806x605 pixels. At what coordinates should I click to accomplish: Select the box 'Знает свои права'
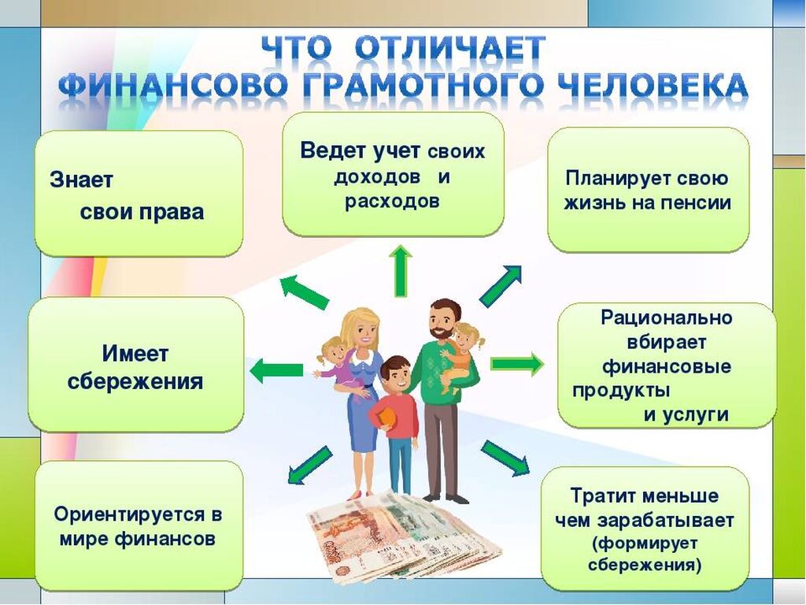[139, 193]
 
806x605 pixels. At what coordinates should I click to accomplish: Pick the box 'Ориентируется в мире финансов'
[139, 525]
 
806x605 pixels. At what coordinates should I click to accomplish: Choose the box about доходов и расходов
[394, 174]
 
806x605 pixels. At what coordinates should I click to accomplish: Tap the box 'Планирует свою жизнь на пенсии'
[648, 190]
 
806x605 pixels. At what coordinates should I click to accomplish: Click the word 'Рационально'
[666, 317]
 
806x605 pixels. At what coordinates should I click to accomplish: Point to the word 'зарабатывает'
[666, 521]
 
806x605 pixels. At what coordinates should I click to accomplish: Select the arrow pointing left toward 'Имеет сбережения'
[276, 370]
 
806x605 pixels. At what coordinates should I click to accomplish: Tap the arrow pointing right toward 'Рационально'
[517, 364]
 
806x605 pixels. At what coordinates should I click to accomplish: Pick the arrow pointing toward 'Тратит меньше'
[505, 458]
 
